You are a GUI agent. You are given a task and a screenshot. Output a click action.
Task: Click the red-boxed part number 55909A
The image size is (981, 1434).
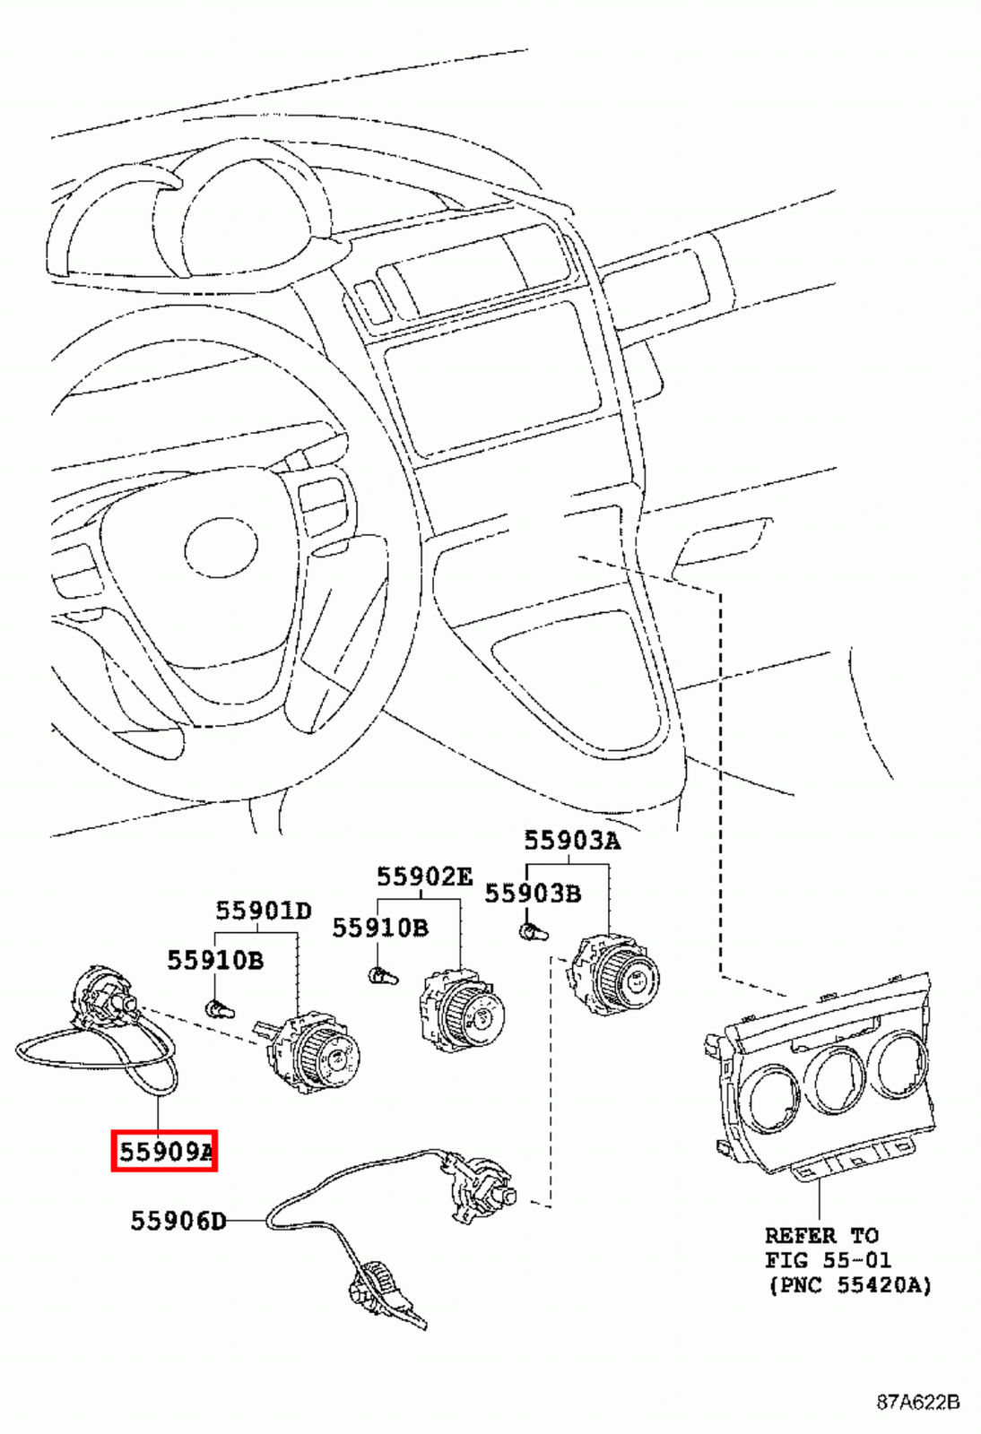pyautogui.click(x=165, y=1151)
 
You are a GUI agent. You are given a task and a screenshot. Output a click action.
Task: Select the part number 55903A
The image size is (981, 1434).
pyautogui.click(x=571, y=841)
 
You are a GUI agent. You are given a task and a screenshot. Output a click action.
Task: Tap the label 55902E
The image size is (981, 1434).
pyautogui.click(x=423, y=877)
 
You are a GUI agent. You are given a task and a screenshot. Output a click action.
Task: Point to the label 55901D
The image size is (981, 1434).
pyautogui.click(x=263, y=911)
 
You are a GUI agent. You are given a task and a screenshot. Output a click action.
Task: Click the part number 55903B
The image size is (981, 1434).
pyautogui.click(x=533, y=894)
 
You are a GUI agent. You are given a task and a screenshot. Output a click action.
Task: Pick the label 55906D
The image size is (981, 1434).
pyautogui.click(x=178, y=1221)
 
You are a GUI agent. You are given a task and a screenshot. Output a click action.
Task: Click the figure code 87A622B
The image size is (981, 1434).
pyautogui.click(x=917, y=1402)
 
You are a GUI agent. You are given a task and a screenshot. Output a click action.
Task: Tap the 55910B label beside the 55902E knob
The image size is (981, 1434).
pyautogui.click(x=379, y=928)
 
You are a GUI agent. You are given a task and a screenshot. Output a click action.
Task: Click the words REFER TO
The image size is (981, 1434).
pyautogui.click(x=820, y=1235)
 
